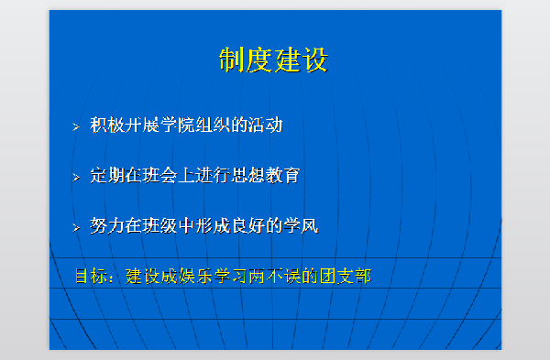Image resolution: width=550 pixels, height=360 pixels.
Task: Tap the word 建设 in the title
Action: pos(301,60)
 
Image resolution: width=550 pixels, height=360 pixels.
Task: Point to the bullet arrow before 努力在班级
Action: pos(77,226)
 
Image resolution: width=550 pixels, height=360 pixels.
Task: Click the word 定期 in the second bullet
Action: pos(108,175)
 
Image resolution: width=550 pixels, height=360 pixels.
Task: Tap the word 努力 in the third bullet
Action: pos(108,224)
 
